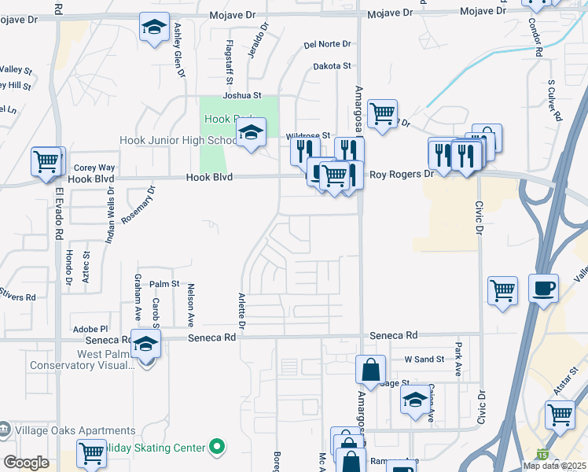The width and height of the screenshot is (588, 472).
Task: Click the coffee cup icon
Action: click(543, 288)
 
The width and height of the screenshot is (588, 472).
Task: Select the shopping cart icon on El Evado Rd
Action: click(46, 162)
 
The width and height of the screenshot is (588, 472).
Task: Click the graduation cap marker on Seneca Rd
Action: click(145, 344)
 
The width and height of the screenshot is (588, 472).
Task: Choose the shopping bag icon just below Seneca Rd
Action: click(369, 369)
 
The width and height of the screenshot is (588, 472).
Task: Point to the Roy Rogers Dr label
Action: click(402, 174)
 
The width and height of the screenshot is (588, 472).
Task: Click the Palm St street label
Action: click(165, 283)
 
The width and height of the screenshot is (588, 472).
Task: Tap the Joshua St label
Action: click(241, 95)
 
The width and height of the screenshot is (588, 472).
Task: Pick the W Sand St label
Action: click(424, 360)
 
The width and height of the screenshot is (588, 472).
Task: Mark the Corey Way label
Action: click(94, 168)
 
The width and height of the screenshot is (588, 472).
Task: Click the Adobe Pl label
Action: click(90, 329)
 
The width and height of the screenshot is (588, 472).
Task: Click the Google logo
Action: click(26, 463)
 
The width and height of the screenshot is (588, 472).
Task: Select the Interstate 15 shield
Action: click(542, 454)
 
